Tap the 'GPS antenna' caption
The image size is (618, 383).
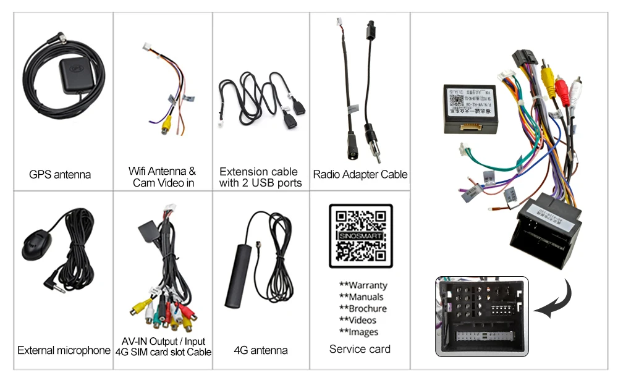coord(60,175)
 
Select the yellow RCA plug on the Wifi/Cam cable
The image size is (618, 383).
coord(166,123)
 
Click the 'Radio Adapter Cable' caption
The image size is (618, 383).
coord(360,175)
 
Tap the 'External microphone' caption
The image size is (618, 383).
coord(64,351)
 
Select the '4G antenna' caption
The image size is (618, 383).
coord(261,350)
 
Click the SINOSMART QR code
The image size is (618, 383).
coord(360,236)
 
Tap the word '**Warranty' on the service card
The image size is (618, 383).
coord(363,285)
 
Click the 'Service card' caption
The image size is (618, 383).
coord(360,349)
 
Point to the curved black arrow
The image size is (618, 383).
coord(551,300)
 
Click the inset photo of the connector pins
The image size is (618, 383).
coord(482,316)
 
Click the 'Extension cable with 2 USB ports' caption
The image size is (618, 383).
coord(259,177)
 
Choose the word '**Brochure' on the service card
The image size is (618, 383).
coord(363,308)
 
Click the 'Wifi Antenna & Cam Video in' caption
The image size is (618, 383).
coord(162,177)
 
